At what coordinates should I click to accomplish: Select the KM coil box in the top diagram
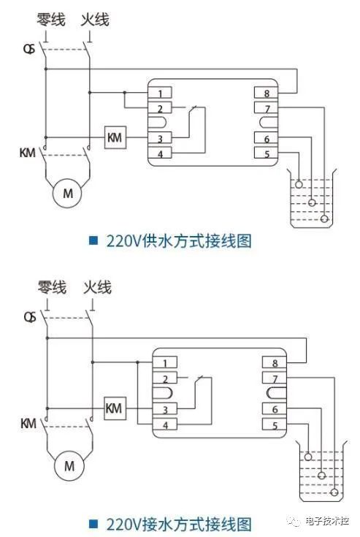pos(115,137)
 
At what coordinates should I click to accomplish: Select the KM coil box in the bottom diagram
pos(115,407)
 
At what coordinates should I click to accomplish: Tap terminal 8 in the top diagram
pos(266,93)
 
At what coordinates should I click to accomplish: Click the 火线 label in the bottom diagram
pos(97,287)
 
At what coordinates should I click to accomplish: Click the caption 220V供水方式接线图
pos(179,241)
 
